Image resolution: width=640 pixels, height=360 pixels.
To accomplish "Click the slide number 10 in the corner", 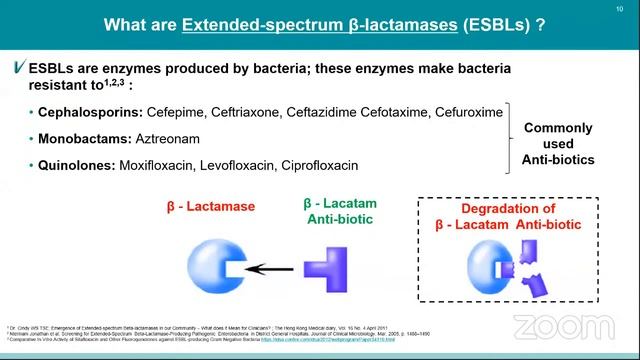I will (621, 9).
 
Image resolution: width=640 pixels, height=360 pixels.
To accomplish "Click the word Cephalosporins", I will (83, 112).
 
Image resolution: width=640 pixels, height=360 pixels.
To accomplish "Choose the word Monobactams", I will (79, 138).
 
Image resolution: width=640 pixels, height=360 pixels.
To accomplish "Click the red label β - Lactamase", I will (211, 208).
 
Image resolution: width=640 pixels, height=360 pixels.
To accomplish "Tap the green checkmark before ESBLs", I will (19, 68).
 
